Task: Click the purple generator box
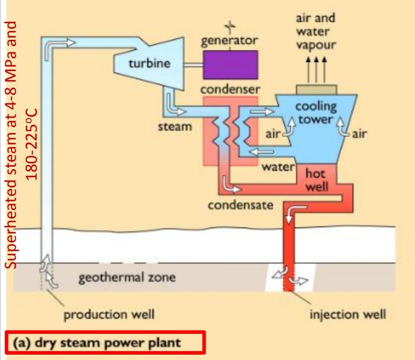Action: [x=230, y=65]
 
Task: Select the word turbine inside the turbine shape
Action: [x=149, y=63]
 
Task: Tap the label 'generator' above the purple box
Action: [x=230, y=40]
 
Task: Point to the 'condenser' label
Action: [x=230, y=90]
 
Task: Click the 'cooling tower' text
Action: [x=316, y=113]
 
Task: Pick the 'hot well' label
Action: [x=317, y=180]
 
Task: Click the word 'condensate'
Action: [x=241, y=205]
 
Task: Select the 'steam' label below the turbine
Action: [x=175, y=126]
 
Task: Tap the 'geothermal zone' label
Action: [x=127, y=277]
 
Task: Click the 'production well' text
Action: [x=109, y=315]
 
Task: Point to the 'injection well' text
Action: [x=348, y=315]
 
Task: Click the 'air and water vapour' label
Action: [x=315, y=31]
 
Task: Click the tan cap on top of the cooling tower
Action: [x=317, y=89]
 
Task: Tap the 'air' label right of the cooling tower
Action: [x=360, y=134]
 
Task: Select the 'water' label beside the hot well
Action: [x=278, y=167]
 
